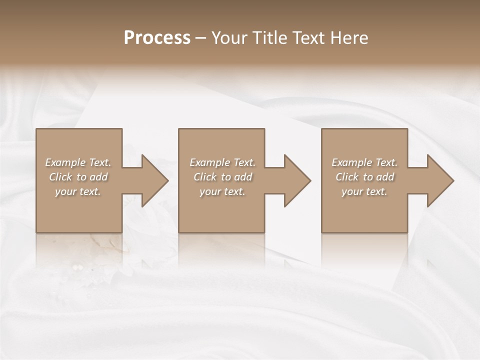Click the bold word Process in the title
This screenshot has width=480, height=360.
click(x=157, y=38)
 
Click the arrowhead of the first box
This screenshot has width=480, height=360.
click(x=153, y=180)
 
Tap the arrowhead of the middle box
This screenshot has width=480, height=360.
click(x=295, y=180)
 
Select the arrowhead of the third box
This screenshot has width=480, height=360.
click(x=438, y=180)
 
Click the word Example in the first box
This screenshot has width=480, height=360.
click(x=65, y=162)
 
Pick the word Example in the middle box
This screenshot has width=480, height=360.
click(x=209, y=162)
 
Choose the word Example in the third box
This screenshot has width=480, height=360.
click(x=351, y=162)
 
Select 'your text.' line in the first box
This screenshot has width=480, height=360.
click(x=78, y=191)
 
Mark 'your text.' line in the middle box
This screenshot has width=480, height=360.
click(x=222, y=191)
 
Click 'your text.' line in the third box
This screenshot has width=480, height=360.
click(x=364, y=191)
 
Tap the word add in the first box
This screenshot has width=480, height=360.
click(x=98, y=177)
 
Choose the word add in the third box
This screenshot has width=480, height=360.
click(x=385, y=177)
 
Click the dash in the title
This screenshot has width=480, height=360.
click(x=201, y=38)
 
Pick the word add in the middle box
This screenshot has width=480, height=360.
click(x=243, y=177)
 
